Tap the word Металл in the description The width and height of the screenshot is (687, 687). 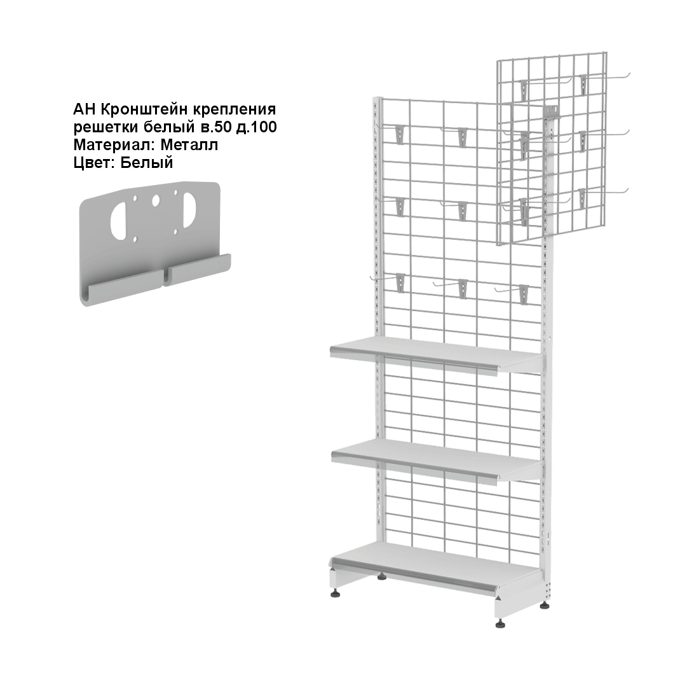[189, 144]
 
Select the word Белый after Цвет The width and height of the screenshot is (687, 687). [147, 163]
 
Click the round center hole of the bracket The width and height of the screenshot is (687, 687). [156, 201]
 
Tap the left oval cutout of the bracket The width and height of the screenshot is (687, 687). [119, 221]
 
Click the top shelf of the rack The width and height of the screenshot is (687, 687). [436, 355]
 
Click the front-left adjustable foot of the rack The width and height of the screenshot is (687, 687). [336, 595]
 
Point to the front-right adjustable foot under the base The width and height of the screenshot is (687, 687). [500, 623]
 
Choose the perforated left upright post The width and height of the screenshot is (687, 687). [378, 333]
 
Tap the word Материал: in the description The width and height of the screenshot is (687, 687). [115, 144]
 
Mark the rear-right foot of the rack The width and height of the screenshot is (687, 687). [545, 606]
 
